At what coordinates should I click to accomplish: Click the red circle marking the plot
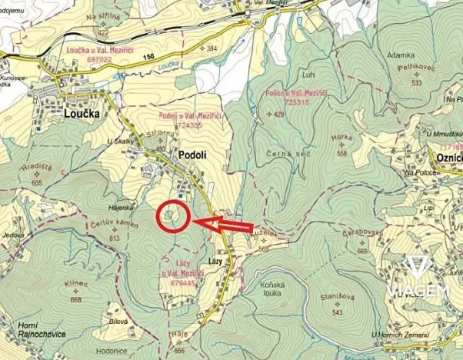tap(173, 215)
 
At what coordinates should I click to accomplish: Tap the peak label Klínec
tap(77, 284)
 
